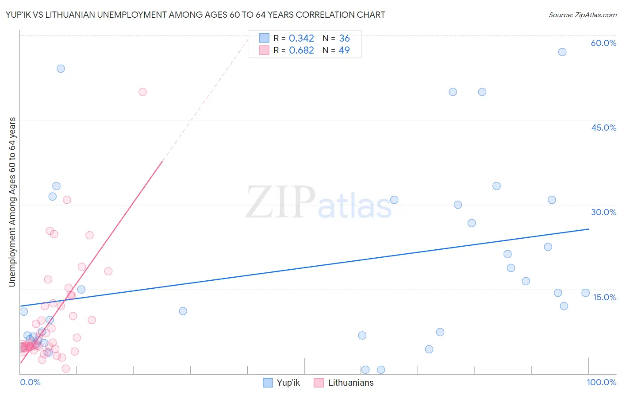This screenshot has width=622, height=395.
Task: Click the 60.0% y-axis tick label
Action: point(603,43)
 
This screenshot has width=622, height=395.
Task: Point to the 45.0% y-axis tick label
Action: point(603,128)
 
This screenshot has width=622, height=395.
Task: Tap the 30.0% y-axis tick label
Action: point(603,212)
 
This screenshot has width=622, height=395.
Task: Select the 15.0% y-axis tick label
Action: point(604,297)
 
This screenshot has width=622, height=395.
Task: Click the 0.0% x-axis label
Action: point(30,382)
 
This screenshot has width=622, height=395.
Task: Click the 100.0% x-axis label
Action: point(601,382)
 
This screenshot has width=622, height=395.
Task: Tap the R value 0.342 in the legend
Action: point(301,39)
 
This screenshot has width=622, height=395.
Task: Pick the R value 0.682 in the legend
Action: point(301,50)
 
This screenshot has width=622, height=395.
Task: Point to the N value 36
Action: point(344,39)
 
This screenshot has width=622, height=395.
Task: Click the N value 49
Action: point(344,50)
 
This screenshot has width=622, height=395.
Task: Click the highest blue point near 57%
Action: point(562,52)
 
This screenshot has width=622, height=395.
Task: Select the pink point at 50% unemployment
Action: point(142,92)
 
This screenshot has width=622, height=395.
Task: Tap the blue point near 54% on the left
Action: point(61,69)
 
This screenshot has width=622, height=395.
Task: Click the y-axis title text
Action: point(12,202)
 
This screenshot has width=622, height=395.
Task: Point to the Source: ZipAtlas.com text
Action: point(582,15)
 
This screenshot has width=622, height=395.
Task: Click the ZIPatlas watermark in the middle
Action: point(319,203)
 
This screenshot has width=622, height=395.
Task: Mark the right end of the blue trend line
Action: point(589,229)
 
